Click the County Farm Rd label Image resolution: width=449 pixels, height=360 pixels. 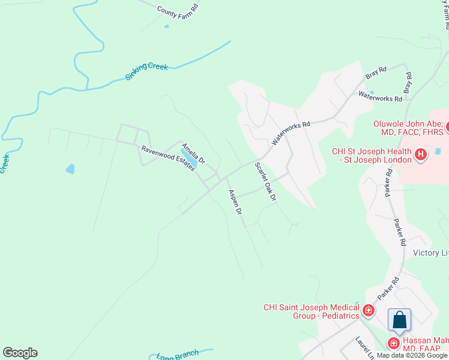coord(178,10)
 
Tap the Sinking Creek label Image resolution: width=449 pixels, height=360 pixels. coord(146,71)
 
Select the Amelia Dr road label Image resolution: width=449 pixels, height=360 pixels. coord(193,154)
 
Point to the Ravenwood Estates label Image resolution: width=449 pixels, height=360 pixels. coord(167,158)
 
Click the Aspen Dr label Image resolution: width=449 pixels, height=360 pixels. coord(234,202)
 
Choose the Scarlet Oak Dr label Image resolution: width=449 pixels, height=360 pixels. coord(265,181)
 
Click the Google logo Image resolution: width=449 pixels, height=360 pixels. coord(20,353)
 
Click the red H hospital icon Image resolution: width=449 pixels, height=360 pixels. coord(421,155)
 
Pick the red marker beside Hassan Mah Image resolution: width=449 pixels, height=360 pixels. coord(393,343)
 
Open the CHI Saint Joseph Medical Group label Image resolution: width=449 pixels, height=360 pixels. coord(310,311)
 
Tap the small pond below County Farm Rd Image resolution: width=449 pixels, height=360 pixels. coord(166,26)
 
